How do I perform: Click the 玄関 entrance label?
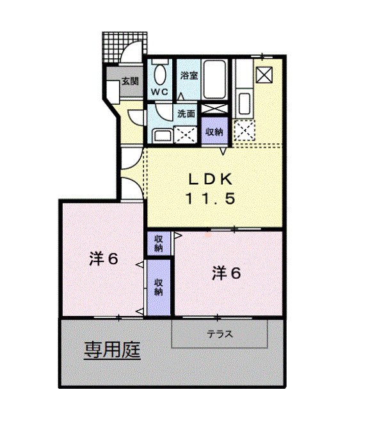tap(130, 81)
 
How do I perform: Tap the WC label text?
tap(159, 92)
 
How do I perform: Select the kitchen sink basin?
tap(243, 102)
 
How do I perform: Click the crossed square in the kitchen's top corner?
tap(263, 75)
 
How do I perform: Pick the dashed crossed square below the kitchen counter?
tap(244, 130)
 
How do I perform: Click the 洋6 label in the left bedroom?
tap(104, 259)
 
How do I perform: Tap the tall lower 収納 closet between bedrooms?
tap(158, 287)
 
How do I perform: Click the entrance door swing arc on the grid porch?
tap(134, 49)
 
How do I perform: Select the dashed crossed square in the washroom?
tap(186, 134)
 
